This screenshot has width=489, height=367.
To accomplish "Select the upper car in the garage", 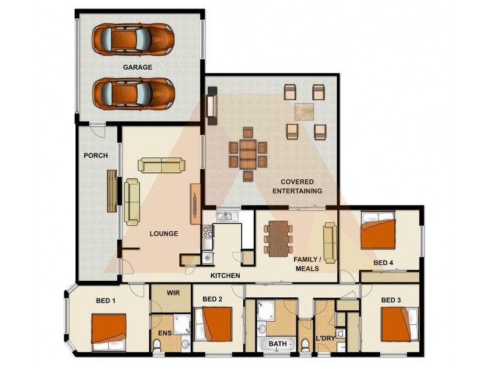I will (x=133, y=39).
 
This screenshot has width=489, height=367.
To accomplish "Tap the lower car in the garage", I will (x=133, y=93).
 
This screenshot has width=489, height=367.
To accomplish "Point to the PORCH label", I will (x=95, y=155).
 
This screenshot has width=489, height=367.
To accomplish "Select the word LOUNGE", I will (x=164, y=234).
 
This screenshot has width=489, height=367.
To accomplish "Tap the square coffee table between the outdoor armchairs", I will (x=304, y=111).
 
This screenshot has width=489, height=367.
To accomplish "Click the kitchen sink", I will (x=224, y=215).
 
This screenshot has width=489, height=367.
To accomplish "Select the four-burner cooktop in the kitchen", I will (x=207, y=232).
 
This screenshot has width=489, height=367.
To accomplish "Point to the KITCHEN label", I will (x=225, y=276).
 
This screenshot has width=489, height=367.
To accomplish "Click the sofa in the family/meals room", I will (x=330, y=242).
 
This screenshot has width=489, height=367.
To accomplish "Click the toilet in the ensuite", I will (x=157, y=346).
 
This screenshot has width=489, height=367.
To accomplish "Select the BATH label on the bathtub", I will (x=278, y=344).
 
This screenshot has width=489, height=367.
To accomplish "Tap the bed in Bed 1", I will (x=109, y=332).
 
